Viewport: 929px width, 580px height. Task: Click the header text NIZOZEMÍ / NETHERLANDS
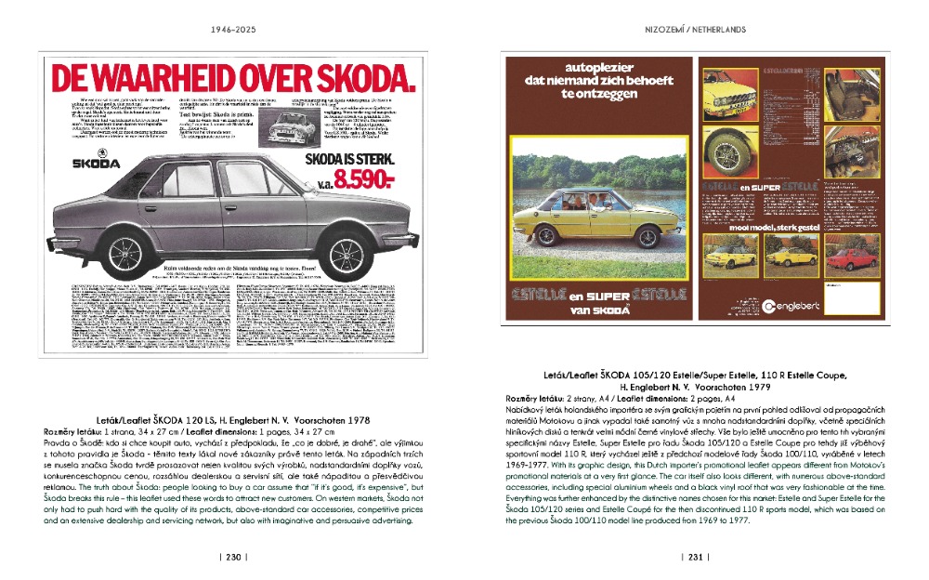(x=696, y=30)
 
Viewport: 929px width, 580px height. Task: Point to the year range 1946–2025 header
(x=233, y=30)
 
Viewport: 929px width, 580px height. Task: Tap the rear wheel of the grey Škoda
(x=124, y=252)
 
